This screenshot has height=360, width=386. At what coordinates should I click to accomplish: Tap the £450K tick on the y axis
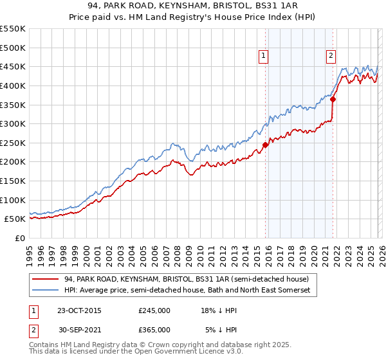coord(13,66)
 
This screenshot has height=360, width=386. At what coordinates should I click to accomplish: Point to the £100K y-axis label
coord(13,200)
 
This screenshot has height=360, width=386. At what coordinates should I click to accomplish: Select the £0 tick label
coord(19,238)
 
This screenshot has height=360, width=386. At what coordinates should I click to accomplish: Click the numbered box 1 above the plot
coord(264,56)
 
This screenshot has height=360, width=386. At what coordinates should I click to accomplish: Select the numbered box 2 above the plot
coord(331,56)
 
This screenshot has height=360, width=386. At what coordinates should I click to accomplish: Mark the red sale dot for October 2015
coord(265,145)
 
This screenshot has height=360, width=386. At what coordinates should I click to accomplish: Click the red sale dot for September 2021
coord(333,99)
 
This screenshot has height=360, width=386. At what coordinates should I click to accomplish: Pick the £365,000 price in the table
coord(154,329)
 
